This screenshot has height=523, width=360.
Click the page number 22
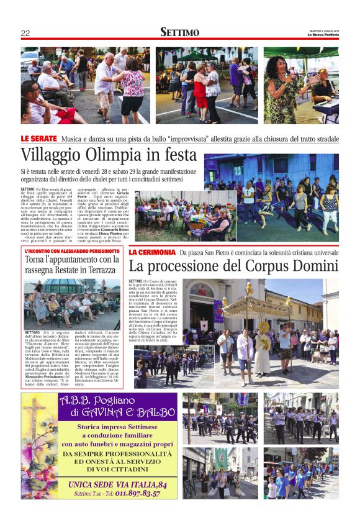coord(25,33)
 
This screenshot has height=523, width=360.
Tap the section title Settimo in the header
coord(179,32)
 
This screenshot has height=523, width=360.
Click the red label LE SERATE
coord(39,138)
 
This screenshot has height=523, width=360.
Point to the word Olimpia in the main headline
coord(107,155)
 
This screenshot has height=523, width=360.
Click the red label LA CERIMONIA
coord(152,252)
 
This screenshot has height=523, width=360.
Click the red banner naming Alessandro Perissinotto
coord(73,250)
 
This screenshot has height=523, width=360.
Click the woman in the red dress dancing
coord(200,91)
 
